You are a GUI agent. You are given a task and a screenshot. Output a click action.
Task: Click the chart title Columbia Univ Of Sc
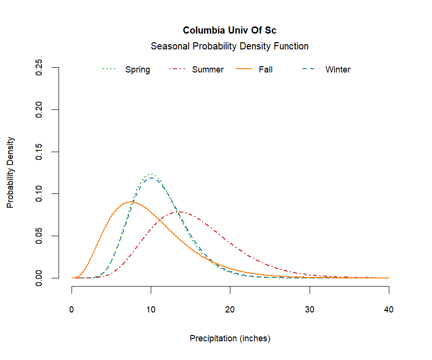(x=229, y=31)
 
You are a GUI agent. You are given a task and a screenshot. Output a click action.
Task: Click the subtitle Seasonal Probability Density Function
(x=229, y=47)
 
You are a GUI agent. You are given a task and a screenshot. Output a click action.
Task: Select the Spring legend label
(x=137, y=70)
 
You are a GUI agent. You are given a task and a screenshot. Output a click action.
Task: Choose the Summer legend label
(x=207, y=70)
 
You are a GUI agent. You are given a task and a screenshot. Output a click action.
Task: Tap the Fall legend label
(x=265, y=70)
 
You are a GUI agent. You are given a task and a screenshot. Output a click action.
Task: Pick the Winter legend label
(x=337, y=70)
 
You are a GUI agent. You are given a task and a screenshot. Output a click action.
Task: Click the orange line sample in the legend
(x=245, y=70)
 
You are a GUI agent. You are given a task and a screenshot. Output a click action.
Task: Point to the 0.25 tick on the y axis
(x=40, y=68)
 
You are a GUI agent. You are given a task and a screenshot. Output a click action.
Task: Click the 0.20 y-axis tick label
(x=40, y=109)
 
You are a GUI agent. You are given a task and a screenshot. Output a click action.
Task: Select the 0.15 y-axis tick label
(x=40, y=152)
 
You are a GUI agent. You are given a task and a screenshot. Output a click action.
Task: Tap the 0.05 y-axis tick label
(x=40, y=236)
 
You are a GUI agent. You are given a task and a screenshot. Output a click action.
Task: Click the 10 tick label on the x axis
(x=151, y=310)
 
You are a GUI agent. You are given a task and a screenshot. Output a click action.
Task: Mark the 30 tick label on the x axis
(x=310, y=310)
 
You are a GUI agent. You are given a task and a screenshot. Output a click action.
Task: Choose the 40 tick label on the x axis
(x=389, y=310)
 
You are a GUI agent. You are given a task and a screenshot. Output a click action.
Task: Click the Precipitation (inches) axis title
(x=230, y=338)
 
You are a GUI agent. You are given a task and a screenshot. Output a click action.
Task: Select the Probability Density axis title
(x=11, y=173)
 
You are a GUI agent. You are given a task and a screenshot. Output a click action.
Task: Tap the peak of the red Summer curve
(x=180, y=212)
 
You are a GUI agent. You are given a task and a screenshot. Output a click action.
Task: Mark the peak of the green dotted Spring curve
(x=151, y=174)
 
